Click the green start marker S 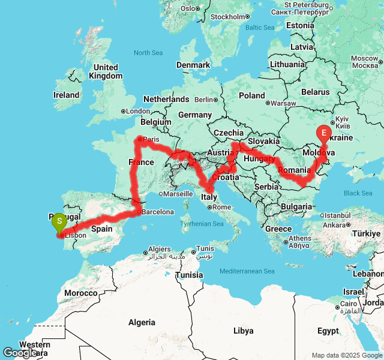point(59,222)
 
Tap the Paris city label point(152,139)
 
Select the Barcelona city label point(157,212)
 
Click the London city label point(137,111)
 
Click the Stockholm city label point(227,17)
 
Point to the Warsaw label point(283,103)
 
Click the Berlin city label point(205,100)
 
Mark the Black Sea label point(358,193)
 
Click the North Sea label point(148,53)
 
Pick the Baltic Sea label point(259,28)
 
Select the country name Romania point(295,170)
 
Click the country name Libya point(243,331)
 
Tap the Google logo point(20,353)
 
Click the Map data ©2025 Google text point(346,355)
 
